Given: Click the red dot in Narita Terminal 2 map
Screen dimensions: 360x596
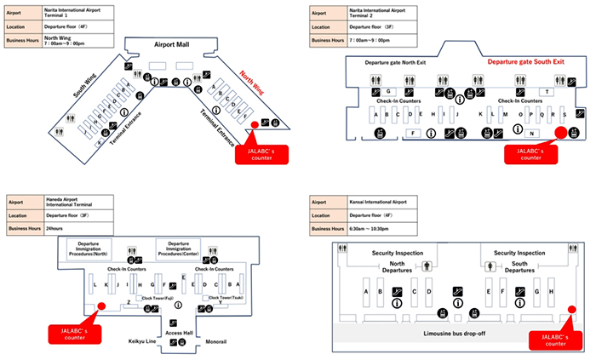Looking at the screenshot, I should point(559,133).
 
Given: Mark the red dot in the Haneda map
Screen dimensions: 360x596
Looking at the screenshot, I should point(101,307).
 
